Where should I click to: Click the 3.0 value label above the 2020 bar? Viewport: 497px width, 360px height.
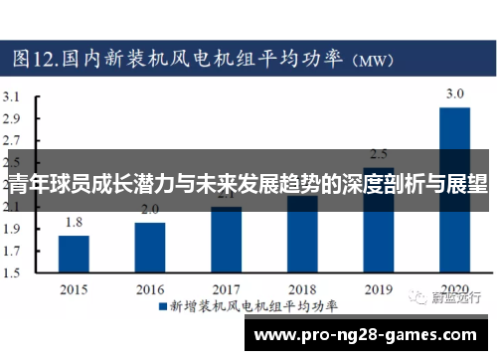(x=454, y=94)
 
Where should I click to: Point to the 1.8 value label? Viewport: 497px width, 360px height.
(x=74, y=223)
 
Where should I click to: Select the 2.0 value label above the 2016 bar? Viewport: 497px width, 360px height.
(x=150, y=209)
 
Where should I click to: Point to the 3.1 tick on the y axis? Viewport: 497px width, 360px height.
(x=13, y=97)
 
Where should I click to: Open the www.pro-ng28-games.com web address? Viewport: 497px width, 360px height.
(x=364, y=335)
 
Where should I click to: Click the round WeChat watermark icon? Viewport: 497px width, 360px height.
(x=411, y=295)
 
